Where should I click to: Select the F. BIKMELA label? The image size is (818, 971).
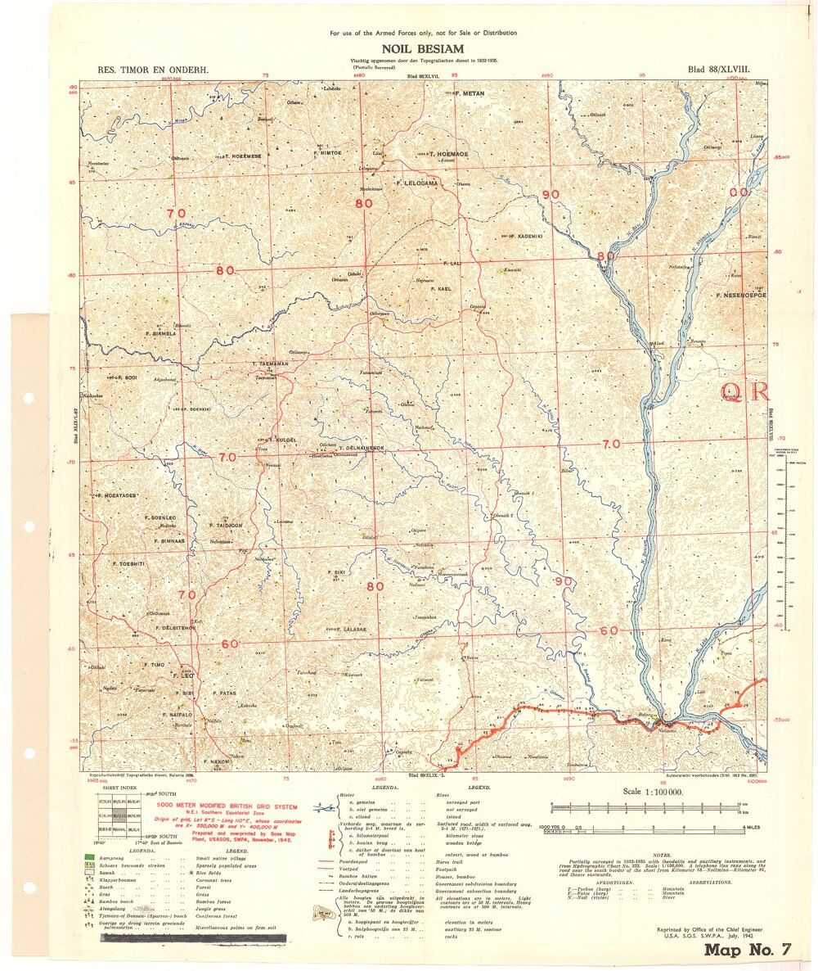click(160, 334)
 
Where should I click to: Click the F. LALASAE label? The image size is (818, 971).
click(347, 629)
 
